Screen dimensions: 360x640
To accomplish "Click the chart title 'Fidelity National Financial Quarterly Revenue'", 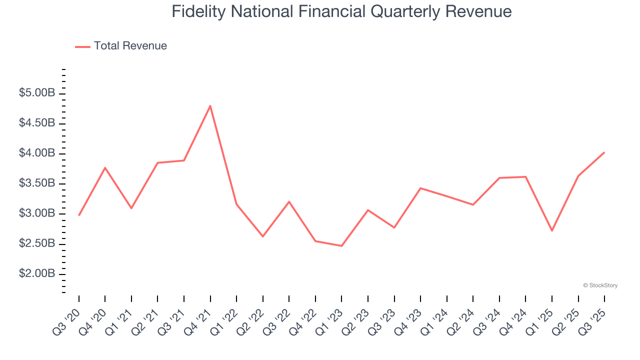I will [341, 11].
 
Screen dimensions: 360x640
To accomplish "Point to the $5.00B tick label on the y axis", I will [37, 93].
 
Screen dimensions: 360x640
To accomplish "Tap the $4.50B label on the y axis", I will [37, 123].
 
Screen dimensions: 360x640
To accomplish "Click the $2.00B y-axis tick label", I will [37, 274].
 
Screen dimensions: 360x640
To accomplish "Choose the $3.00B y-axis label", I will [37, 214].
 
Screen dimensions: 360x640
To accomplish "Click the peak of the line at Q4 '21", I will [210, 105].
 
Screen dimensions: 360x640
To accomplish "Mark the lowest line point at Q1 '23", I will [341, 246].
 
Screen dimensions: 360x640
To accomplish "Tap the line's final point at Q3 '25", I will [604, 152].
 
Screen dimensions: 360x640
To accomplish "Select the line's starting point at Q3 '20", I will [79, 215].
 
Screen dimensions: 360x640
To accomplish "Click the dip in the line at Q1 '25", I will [552, 230].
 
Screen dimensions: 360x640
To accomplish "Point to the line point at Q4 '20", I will [105, 167].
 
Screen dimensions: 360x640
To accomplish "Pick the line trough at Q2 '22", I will [263, 236].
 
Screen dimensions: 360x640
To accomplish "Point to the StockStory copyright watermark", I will [600, 285].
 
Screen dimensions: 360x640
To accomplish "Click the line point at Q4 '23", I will [420, 188].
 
